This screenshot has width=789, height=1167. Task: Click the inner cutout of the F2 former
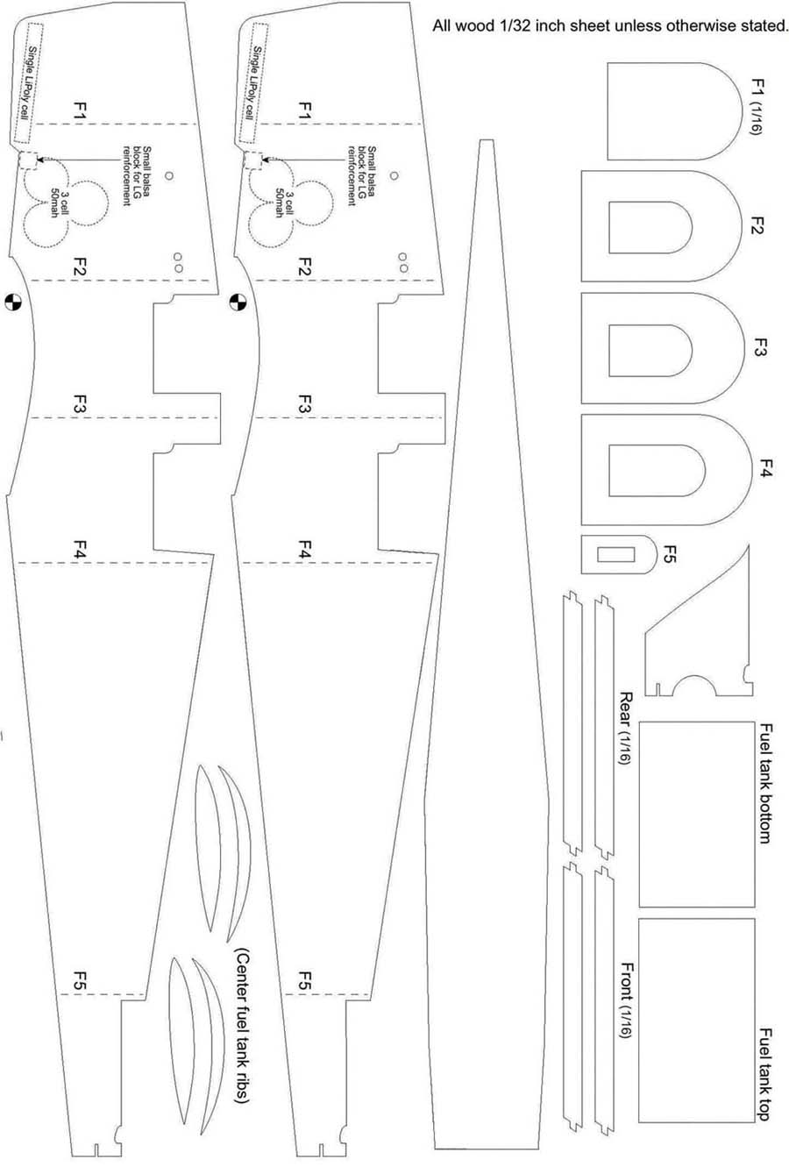tap(650, 227)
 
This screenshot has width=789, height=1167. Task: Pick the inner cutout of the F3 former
tap(650, 350)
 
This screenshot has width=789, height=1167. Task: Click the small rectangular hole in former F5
tap(616, 554)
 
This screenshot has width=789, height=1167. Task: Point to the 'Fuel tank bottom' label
tap(765, 783)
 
